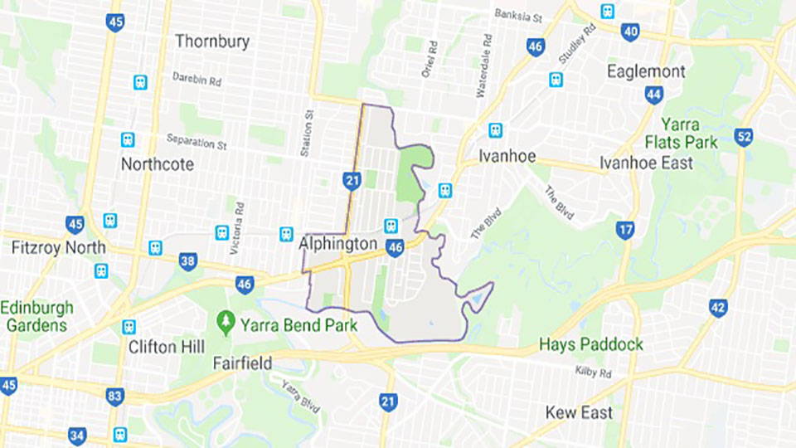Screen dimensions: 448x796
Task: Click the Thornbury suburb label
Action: (x=212, y=41)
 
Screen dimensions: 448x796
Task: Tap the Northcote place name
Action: (x=158, y=163)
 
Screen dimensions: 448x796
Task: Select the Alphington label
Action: (x=339, y=245)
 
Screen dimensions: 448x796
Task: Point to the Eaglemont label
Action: (x=646, y=71)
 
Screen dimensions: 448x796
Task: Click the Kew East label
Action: (x=580, y=412)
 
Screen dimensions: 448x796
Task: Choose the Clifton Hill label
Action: (x=167, y=347)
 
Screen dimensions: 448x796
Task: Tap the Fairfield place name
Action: (x=243, y=363)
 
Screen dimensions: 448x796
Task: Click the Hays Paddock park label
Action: (x=591, y=344)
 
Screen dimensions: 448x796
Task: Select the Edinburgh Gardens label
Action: (x=36, y=316)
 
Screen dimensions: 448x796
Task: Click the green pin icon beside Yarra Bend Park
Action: (x=225, y=320)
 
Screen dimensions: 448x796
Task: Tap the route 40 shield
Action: (x=630, y=32)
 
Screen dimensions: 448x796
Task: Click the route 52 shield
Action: (x=744, y=137)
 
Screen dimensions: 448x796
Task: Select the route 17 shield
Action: (x=625, y=230)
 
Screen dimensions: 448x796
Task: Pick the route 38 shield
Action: (x=188, y=262)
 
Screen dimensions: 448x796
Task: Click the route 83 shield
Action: (x=115, y=396)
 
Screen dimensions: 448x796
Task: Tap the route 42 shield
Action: (x=718, y=308)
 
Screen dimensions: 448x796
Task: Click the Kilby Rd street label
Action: (x=593, y=373)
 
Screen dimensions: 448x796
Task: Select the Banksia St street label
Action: (x=517, y=14)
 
